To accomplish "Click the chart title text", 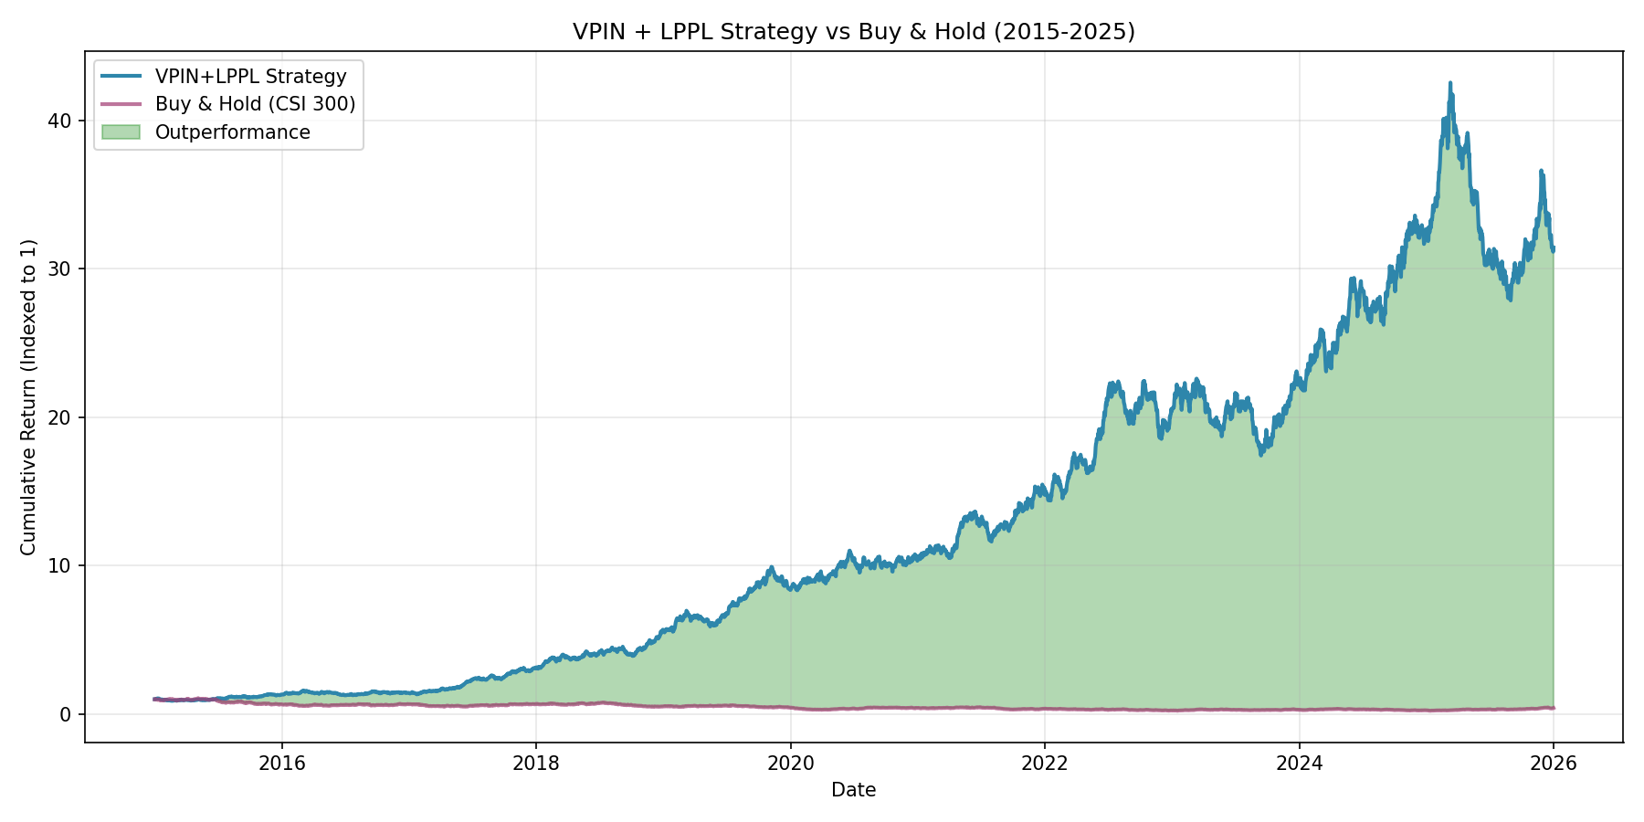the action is [854, 32].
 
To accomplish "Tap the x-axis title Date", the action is [854, 790].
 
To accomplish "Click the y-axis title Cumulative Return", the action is [28, 396].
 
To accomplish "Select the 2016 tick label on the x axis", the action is [282, 763].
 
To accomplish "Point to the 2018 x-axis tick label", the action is [536, 763].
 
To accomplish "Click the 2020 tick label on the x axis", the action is [791, 763].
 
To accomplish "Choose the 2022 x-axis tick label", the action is [1045, 763].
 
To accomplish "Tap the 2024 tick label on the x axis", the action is [1299, 763].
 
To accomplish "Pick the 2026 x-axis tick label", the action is [1554, 763].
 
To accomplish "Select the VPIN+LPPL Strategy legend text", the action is [251, 77].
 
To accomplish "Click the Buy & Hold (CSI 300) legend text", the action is [256, 104].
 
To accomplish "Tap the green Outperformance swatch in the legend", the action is [121, 132].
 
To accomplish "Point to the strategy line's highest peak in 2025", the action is [1449, 83].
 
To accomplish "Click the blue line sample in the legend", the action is [121, 77].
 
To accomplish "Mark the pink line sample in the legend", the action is [121, 104].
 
